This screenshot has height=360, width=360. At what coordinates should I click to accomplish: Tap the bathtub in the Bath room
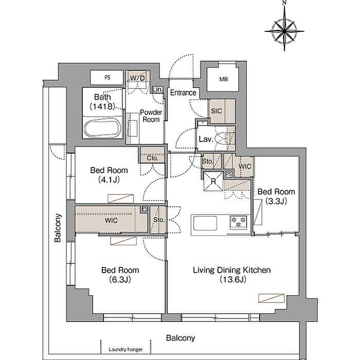(102, 129)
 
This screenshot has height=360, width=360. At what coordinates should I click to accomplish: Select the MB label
(223, 79)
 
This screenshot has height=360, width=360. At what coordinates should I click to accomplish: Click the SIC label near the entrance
(217, 111)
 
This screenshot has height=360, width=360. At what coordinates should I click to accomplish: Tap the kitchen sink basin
(205, 223)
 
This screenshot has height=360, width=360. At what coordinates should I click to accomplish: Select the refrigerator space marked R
(213, 182)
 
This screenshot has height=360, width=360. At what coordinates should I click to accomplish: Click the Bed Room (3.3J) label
(276, 196)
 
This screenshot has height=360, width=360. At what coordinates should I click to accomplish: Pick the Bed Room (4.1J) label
(109, 175)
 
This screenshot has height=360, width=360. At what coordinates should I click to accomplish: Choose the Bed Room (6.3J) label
(120, 275)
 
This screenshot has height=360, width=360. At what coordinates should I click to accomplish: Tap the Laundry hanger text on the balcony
(125, 349)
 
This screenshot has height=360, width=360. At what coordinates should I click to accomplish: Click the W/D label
(137, 78)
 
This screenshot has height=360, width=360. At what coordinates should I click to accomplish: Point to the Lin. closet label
(157, 89)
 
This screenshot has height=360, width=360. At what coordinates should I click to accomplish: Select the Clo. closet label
(152, 158)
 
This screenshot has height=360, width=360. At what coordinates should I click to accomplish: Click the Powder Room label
(151, 116)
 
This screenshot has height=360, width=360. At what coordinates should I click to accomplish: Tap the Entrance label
(183, 93)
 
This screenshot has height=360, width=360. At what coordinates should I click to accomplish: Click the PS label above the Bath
(107, 77)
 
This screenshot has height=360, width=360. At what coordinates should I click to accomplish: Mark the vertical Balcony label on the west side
(58, 228)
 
